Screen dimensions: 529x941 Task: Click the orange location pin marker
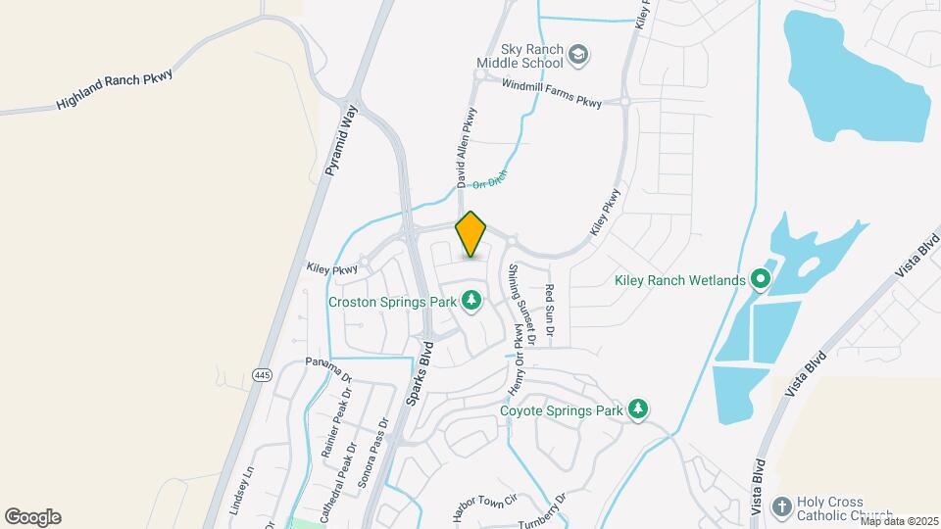pyautogui.click(x=471, y=234)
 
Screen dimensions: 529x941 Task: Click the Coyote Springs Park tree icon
pyautogui.click(x=638, y=409)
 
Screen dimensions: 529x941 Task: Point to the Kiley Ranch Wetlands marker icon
pyautogui.click(x=760, y=280)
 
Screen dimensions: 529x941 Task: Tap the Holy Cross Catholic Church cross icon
pyautogui.click(x=781, y=506)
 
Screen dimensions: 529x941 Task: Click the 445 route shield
pyautogui.click(x=261, y=375)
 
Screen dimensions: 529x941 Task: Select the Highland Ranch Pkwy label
pyautogui.click(x=114, y=88)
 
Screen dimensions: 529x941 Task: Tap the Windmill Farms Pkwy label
pyautogui.click(x=551, y=93)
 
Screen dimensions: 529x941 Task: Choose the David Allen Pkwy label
pyautogui.click(x=466, y=147)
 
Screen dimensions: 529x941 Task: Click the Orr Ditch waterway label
pyautogui.click(x=489, y=179)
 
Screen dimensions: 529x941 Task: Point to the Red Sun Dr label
pyautogui.click(x=550, y=313)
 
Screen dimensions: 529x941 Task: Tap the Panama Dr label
pyautogui.click(x=328, y=368)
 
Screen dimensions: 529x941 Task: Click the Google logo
pyautogui.click(x=32, y=517)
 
